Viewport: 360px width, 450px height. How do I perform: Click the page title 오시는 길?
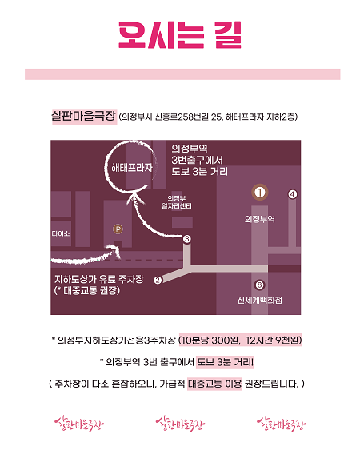pyautogui.click(x=180, y=35)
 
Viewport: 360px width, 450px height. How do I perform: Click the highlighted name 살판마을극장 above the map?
pyautogui.click(x=84, y=116)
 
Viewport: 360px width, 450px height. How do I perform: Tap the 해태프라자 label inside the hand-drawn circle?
pyautogui.click(x=131, y=167)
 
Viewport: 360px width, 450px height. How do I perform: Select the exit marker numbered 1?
pyautogui.click(x=260, y=193)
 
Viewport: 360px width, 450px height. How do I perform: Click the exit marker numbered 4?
pyautogui.click(x=292, y=194)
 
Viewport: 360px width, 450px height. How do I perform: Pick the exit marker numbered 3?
pyautogui.click(x=186, y=239)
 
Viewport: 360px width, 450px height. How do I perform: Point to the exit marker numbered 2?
pyautogui.click(x=158, y=280)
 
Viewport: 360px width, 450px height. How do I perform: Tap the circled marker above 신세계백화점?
pyautogui.click(x=259, y=285)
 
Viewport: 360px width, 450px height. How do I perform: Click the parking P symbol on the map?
pyautogui.click(x=118, y=229)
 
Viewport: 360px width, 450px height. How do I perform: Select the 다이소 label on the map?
pyautogui.click(x=61, y=233)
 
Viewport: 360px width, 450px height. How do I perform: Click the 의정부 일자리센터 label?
pyautogui.click(x=177, y=202)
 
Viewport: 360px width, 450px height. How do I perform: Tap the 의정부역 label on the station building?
pyautogui.click(x=260, y=219)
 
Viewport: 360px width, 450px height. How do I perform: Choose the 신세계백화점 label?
pyautogui.click(x=259, y=301)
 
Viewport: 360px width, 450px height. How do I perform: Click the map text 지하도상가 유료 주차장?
pyautogui.click(x=99, y=279)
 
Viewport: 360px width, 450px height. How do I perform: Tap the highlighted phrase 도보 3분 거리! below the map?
pyautogui.click(x=226, y=362)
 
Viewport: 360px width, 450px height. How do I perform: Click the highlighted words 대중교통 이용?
pyautogui.click(x=215, y=384)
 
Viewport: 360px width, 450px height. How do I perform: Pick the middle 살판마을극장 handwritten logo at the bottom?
pyautogui.click(x=181, y=424)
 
